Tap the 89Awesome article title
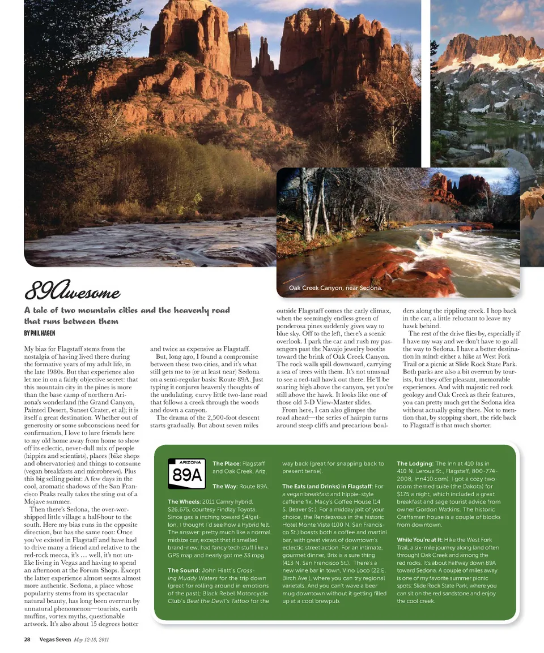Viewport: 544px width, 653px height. (73, 292)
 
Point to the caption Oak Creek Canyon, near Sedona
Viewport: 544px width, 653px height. (335, 288)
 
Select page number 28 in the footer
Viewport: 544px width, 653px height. (27, 639)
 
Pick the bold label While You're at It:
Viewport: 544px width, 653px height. (420, 540)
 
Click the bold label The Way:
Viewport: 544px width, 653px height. (224, 486)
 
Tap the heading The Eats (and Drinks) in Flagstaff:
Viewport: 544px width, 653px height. (327, 486)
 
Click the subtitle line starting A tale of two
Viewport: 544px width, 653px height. (127, 310)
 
